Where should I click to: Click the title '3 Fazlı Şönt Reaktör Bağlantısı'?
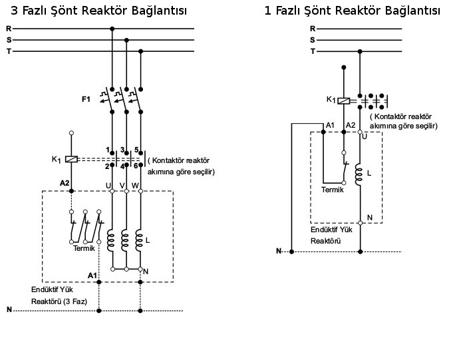99,11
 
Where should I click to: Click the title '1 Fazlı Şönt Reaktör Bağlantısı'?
352,11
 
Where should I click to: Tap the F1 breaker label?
86,99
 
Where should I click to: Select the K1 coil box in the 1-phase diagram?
344,100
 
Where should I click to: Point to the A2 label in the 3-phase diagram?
65,182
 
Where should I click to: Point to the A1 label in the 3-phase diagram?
92,275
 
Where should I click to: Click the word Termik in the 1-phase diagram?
333,190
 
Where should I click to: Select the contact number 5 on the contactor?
136,149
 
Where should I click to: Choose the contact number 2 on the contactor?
107,166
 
